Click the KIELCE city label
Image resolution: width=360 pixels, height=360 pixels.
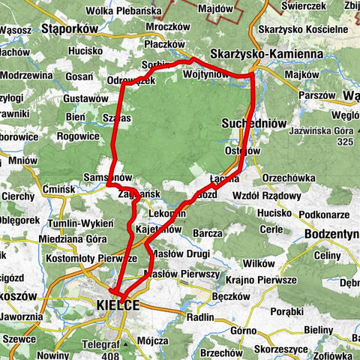point(118,304)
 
